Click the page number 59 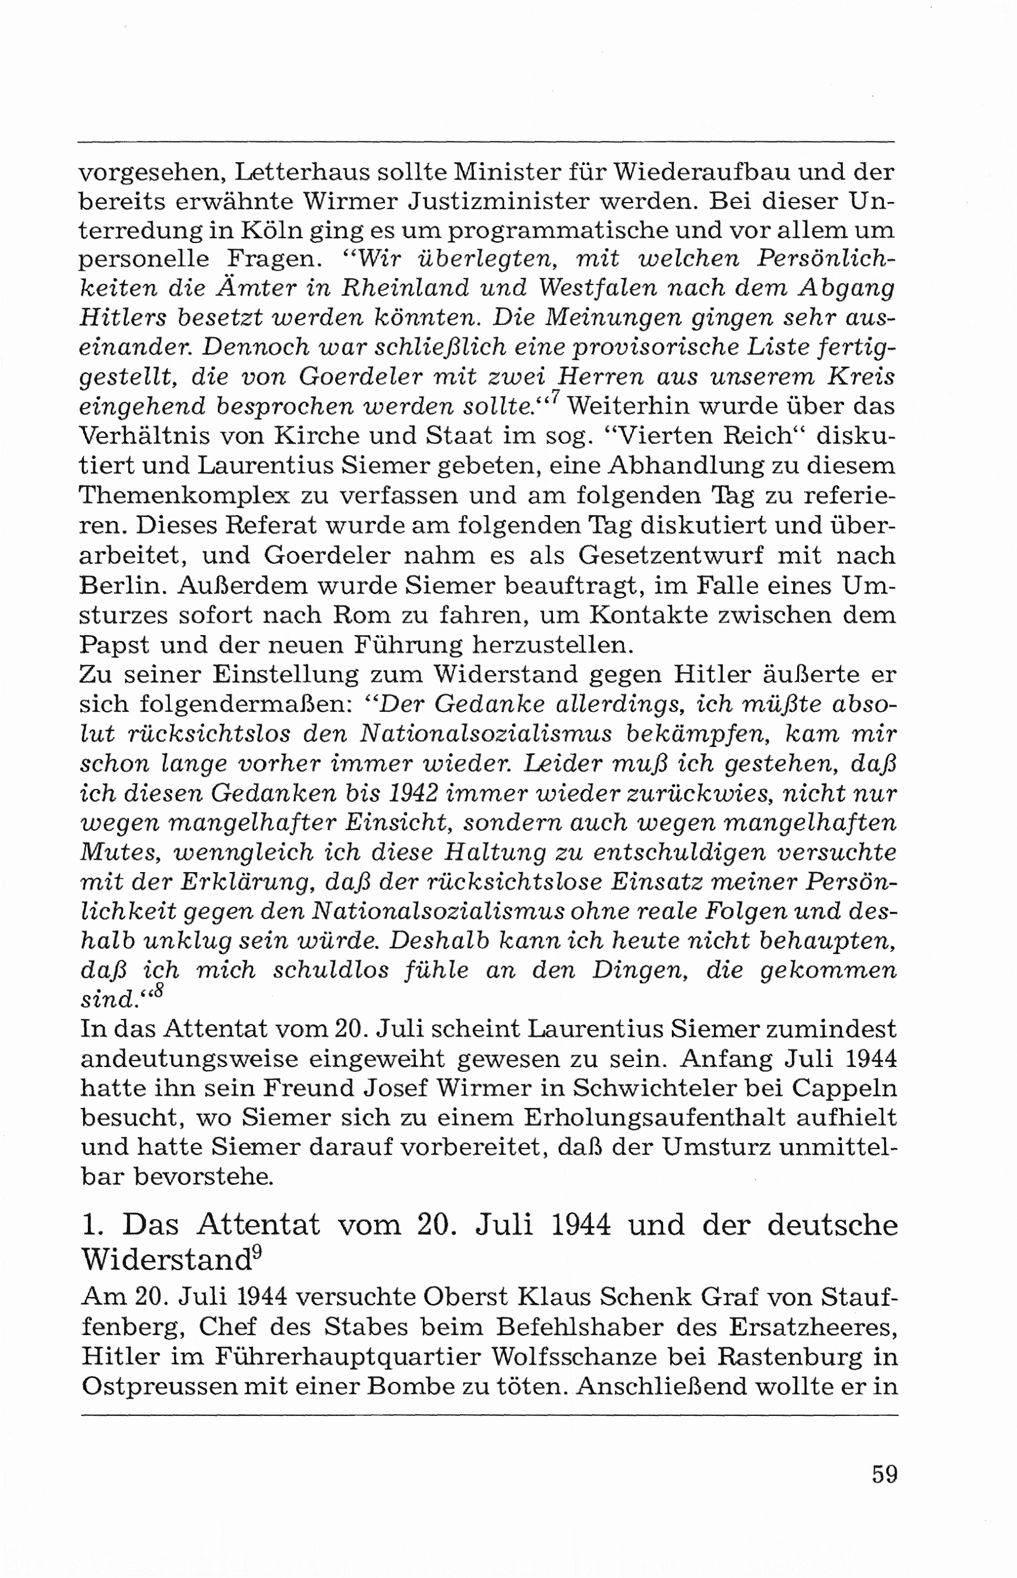point(885,1473)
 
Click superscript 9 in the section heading point(258,1253)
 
